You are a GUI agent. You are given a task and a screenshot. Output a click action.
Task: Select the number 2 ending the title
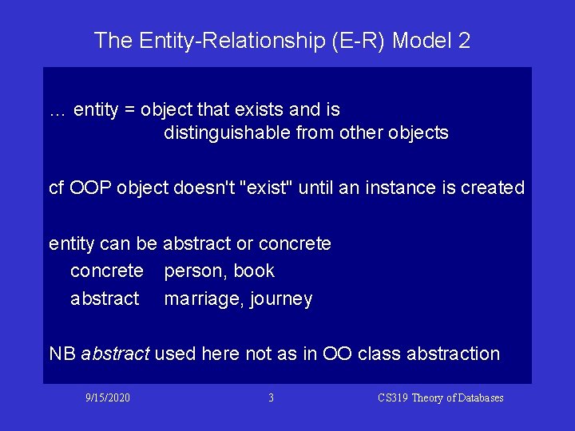[x=465, y=40]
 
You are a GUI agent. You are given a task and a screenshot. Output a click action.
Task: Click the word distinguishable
[x=227, y=132]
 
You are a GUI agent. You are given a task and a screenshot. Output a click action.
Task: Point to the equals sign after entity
[x=129, y=109]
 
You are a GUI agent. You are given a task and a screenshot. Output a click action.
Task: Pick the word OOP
[x=91, y=188]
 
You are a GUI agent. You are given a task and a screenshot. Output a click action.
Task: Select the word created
[x=493, y=188]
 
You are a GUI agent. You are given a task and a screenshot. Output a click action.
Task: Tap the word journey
[x=281, y=299]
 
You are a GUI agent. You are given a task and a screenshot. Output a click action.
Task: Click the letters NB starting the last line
[x=62, y=354]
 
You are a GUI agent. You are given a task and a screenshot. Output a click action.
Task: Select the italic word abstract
[x=115, y=354]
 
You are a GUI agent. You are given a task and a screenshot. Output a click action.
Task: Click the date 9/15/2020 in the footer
[x=109, y=397]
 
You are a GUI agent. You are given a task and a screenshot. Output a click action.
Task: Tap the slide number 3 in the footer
[x=271, y=397]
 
